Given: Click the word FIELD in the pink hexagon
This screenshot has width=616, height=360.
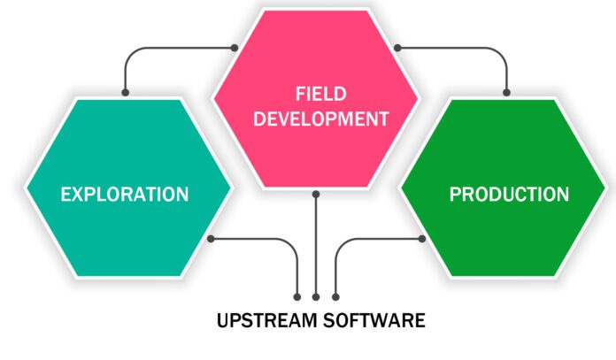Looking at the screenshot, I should click(x=316, y=95).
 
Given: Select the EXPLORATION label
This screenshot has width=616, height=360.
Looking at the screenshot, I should click(x=124, y=194).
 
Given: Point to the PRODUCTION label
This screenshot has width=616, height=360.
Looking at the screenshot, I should click(x=508, y=194).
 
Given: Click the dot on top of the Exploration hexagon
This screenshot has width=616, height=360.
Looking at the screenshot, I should click(x=125, y=91).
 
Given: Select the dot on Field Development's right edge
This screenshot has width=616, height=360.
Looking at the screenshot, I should click(x=397, y=47).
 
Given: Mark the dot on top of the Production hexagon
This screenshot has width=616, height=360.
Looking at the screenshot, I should click(x=507, y=91).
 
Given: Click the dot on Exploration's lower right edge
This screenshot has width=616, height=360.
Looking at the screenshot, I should click(x=211, y=239).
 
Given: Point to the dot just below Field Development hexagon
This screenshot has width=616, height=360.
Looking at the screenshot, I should click(x=316, y=193).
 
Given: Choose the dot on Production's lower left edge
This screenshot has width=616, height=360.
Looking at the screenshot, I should click(x=422, y=239).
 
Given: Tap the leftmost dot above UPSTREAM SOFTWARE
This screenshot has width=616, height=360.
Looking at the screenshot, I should click(x=296, y=295).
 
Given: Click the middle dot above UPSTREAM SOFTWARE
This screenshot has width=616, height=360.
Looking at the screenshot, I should click(x=316, y=295).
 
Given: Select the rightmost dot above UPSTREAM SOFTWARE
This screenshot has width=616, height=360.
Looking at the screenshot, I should click(x=335, y=295).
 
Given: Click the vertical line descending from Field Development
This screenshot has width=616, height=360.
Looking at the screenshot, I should click(x=316, y=248).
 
